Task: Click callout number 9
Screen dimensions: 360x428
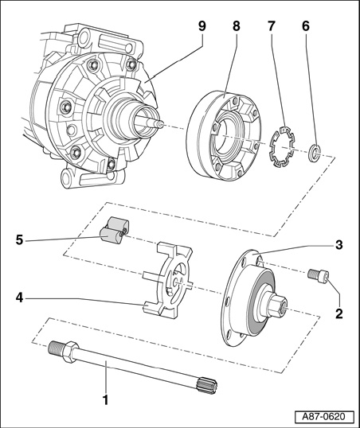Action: pos(202,26)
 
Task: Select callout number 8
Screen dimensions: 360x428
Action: pos(237,26)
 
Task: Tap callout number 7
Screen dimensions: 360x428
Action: pos(271,26)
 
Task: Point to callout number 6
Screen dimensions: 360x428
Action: pos(306,26)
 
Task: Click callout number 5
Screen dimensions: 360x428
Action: pos(19,240)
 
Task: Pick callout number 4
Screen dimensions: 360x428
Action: pos(19,298)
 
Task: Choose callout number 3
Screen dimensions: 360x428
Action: pos(338,245)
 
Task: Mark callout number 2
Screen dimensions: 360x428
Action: pos(338,313)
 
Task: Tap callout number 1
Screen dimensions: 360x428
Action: pos(105,400)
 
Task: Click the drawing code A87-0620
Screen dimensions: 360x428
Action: pos(324,417)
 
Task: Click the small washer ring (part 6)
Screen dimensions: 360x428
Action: pos(314,153)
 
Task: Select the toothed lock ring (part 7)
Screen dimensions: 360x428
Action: pos(281,146)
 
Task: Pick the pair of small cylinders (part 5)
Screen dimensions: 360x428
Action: pos(114,230)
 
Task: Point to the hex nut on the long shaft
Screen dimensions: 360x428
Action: pos(71,352)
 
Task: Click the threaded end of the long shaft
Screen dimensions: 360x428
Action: pos(56,348)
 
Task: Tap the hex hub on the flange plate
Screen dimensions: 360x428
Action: pos(278,306)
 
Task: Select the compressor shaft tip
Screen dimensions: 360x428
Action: pos(159,124)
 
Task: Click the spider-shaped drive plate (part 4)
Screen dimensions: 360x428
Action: pos(167,281)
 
